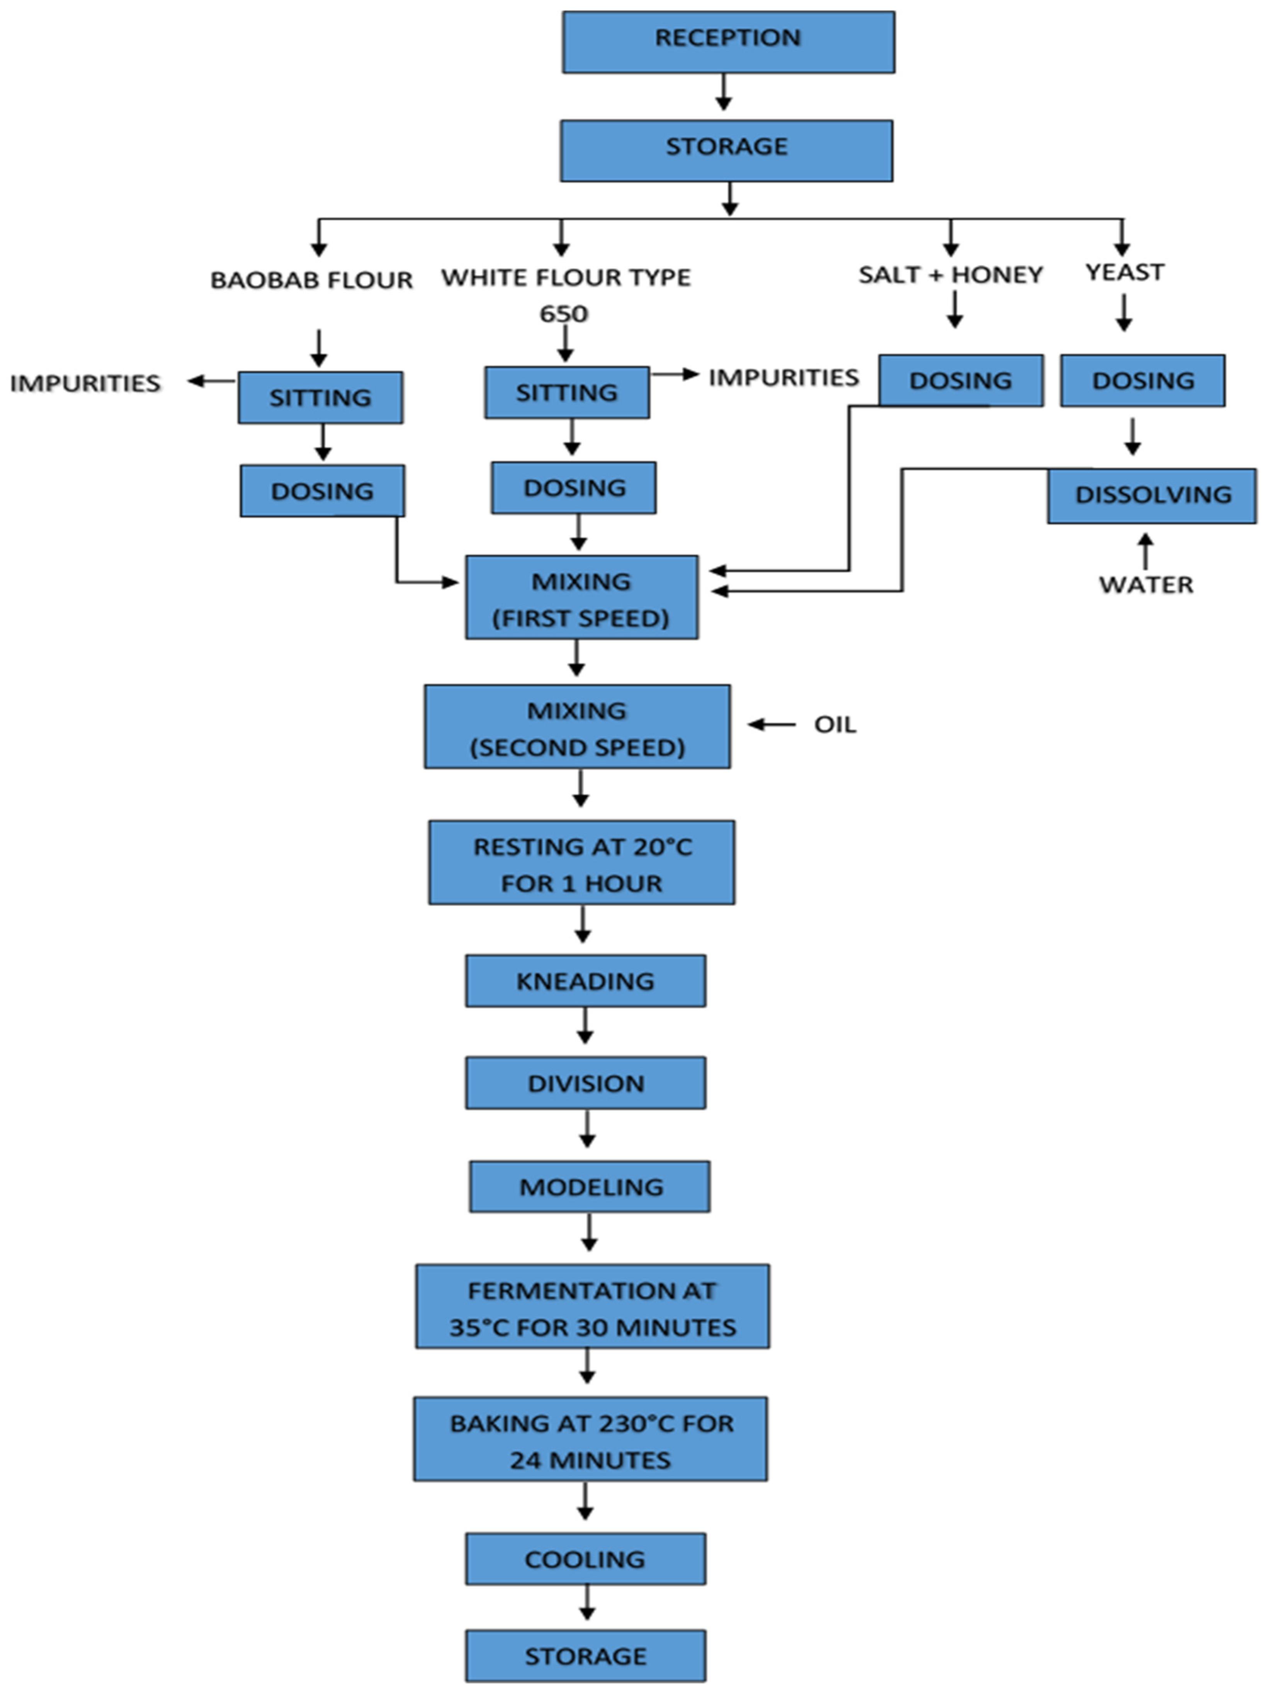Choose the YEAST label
(1124, 272)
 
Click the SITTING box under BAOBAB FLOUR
(320, 397)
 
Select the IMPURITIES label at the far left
(85, 383)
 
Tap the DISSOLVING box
(1152, 495)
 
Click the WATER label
(1146, 585)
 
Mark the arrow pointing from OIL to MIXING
(772, 724)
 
